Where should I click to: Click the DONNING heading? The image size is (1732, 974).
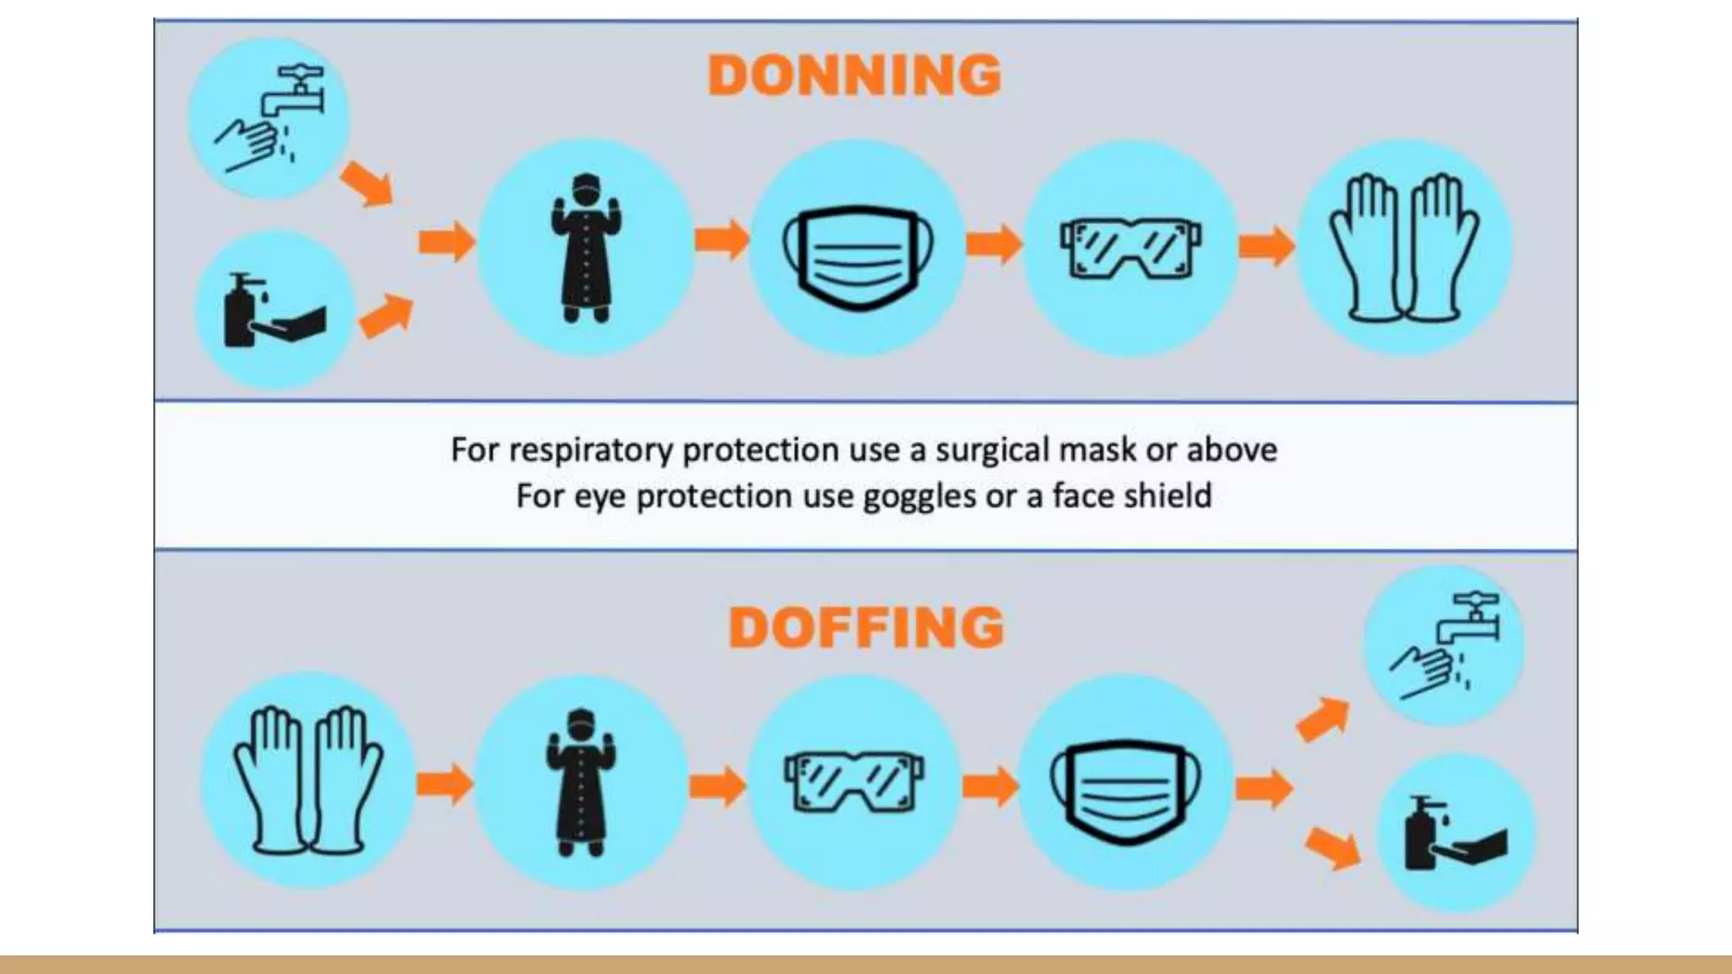(x=854, y=75)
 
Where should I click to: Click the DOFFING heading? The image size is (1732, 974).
(x=866, y=627)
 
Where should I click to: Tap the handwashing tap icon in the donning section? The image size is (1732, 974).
(x=268, y=118)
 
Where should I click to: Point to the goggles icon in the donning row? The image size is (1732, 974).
(x=1131, y=247)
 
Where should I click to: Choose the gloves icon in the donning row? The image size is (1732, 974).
(x=1405, y=247)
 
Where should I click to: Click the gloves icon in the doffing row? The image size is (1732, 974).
(x=308, y=780)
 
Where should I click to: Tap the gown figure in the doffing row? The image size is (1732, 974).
(x=581, y=782)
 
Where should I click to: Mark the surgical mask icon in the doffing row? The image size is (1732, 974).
(x=1125, y=784)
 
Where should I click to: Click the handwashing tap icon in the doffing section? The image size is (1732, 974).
(x=1444, y=645)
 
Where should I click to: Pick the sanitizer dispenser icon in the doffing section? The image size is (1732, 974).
(x=1455, y=834)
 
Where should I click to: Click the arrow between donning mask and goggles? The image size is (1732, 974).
(x=994, y=244)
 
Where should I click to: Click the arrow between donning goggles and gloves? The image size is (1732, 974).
(x=1266, y=246)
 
